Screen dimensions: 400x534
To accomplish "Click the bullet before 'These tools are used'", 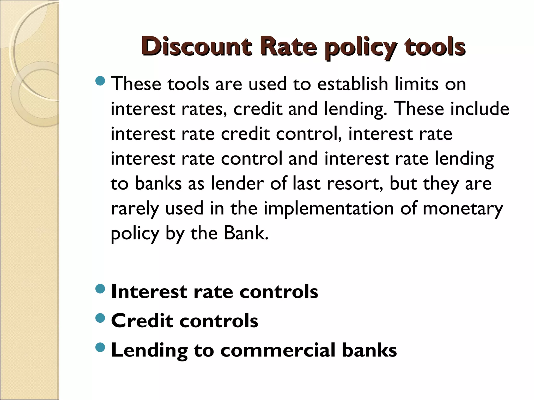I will tap(100, 81).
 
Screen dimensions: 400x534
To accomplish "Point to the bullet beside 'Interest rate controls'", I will tap(100, 289).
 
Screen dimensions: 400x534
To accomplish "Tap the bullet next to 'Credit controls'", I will tap(100, 318).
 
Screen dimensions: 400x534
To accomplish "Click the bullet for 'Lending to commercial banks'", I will tap(100, 347).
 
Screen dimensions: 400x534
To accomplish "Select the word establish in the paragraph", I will tap(353, 84).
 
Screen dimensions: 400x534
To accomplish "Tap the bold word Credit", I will tap(142, 321).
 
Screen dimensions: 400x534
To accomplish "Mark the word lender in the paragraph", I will tap(237, 183).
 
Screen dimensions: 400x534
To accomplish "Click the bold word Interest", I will tap(149, 291).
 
